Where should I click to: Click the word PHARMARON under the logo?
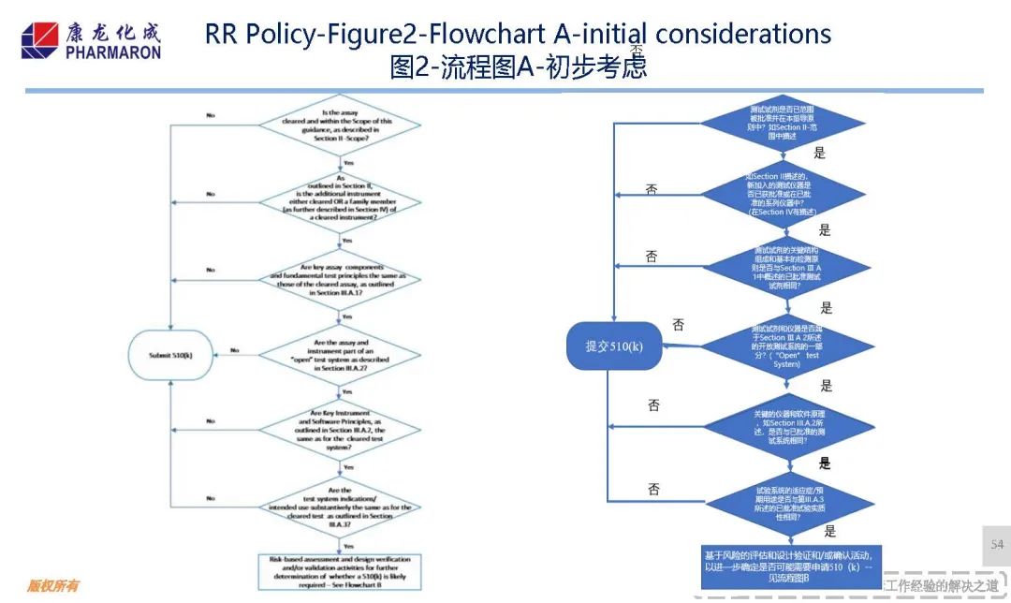tap(113, 53)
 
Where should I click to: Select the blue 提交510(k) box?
tap(613, 346)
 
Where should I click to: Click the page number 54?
tap(997, 545)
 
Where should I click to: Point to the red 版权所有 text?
tap(52, 587)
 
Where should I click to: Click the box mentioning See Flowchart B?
tap(347, 567)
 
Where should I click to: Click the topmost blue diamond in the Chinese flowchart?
tap(784, 123)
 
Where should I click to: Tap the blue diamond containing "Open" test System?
tap(784, 345)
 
